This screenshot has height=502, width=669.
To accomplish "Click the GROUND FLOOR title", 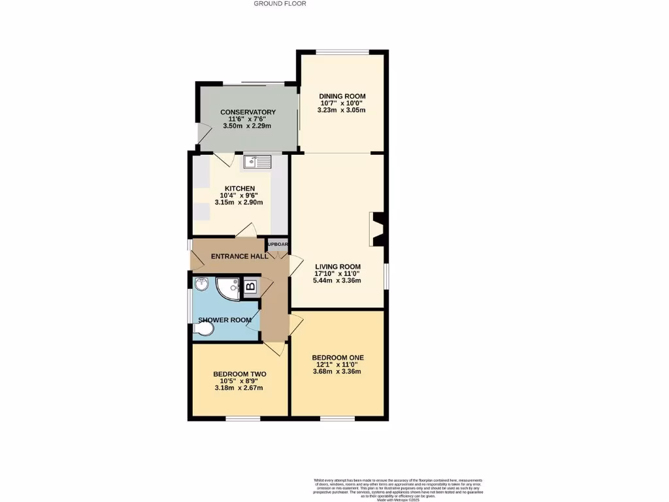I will pos(280,4).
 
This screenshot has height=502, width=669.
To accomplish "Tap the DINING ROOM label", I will pos(342,96).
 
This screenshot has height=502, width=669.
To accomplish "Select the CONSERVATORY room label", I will pos(248,112).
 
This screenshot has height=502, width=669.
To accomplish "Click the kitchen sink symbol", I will pos(257,161).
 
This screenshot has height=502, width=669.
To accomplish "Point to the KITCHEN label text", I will pos(240,188).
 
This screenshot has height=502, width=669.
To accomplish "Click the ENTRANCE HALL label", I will pos(239,256).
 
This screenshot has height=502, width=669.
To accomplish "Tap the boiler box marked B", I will pos(250,286).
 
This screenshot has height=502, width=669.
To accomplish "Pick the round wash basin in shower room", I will pos(201,284).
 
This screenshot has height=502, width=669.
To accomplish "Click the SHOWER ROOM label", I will pos(225,320).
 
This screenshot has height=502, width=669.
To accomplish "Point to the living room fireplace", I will pos(377,229).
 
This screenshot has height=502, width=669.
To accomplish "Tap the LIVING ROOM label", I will pos(338,266).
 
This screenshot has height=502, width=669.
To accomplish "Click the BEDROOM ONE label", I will pos(338,357).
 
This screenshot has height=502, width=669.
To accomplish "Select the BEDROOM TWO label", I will pos(239,374).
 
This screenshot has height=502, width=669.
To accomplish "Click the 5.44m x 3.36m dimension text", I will pos(338,280).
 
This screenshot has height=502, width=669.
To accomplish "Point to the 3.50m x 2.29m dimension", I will pos(248,125).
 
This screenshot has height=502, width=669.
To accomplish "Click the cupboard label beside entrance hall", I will pos(278,244).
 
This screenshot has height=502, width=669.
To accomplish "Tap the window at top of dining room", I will pos(342,52).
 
